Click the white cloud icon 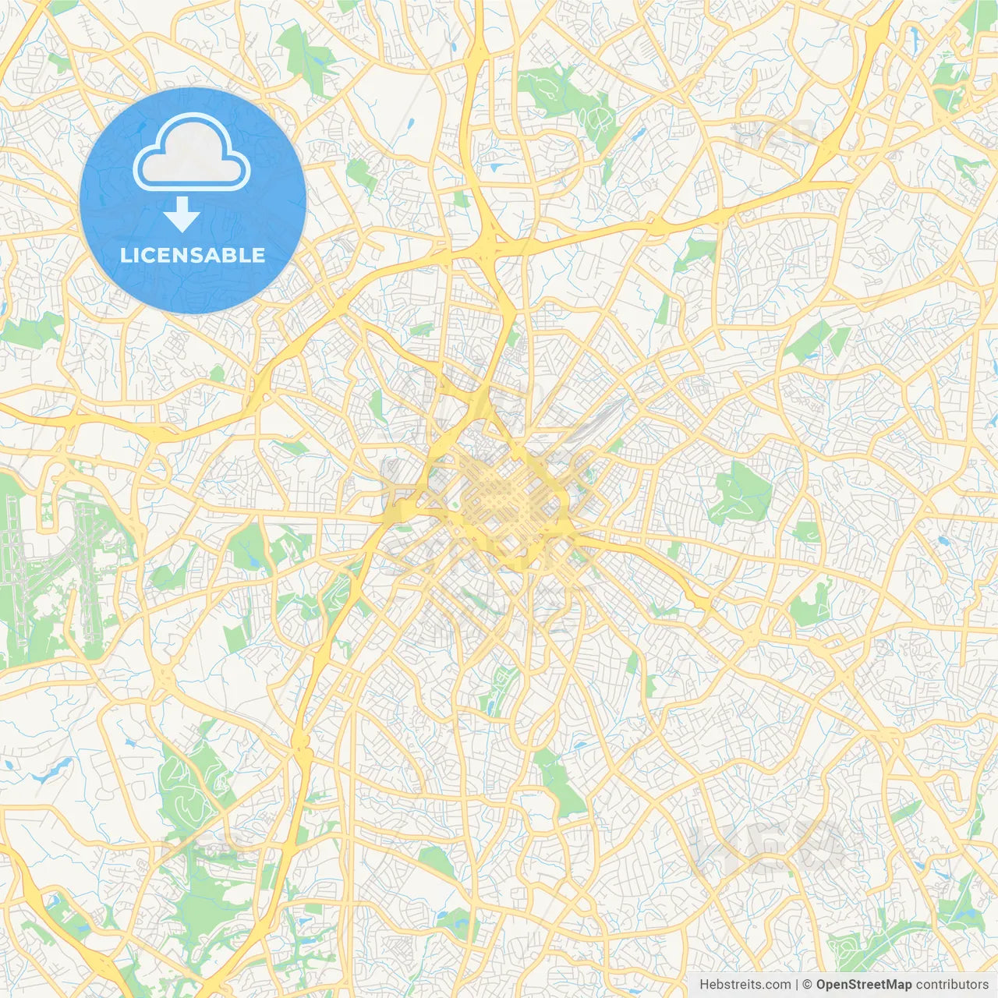[192, 154]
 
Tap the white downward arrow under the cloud [182, 214]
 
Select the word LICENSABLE [192, 255]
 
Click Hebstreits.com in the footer [745, 985]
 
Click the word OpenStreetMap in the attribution [864, 985]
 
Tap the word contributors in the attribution [952, 985]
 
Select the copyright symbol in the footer [808, 985]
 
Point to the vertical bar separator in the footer [797, 985]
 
